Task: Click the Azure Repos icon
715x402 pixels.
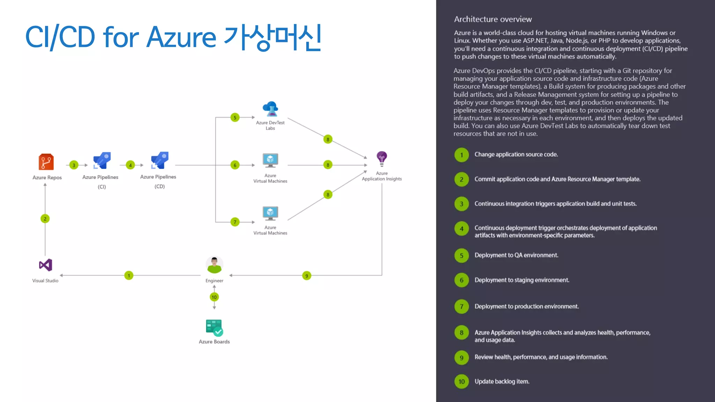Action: (x=46, y=162)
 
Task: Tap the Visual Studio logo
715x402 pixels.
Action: (x=46, y=265)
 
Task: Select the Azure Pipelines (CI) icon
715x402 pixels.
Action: (x=102, y=161)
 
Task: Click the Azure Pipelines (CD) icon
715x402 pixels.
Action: (x=160, y=161)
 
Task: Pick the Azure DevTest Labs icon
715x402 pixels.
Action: (x=271, y=109)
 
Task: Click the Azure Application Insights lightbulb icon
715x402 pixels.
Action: (x=382, y=159)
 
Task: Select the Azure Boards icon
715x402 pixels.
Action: (x=214, y=328)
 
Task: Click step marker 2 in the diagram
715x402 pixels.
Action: (x=45, y=219)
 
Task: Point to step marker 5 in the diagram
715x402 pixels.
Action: (x=235, y=118)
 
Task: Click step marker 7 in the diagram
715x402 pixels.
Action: (x=235, y=222)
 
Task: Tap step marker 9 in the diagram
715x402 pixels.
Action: (x=307, y=276)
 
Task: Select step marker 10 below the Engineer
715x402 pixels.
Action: (x=214, y=297)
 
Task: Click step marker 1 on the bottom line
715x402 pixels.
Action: (x=129, y=275)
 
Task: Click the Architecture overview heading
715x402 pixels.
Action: (x=493, y=19)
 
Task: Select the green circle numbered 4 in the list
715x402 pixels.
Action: (x=462, y=229)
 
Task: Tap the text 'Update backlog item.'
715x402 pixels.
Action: (x=502, y=381)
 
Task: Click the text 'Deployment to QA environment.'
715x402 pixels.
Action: (x=516, y=255)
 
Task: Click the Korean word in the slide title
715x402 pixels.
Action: (x=272, y=37)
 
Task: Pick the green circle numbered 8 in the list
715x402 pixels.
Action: (x=462, y=333)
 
